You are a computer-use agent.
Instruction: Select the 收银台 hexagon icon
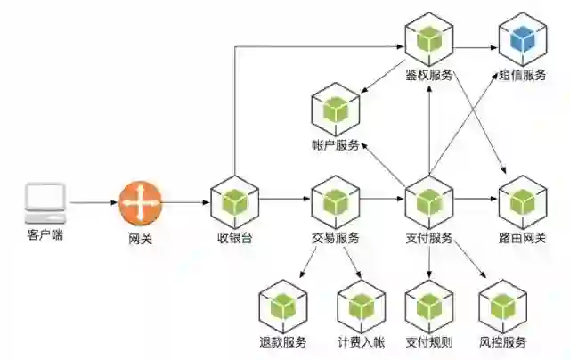click(234, 202)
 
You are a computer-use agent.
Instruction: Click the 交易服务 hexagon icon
click(335, 202)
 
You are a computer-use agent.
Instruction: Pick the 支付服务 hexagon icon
click(429, 202)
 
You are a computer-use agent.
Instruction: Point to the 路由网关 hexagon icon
click(522, 202)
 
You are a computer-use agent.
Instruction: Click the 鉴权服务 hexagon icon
click(429, 39)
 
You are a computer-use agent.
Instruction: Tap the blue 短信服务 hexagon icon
click(522, 39)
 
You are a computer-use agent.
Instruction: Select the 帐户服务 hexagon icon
click(335, 110)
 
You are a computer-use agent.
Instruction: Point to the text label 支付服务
click(429, 238)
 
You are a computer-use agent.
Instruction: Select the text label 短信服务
click(522, 75)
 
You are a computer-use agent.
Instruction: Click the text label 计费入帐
click(360, 342)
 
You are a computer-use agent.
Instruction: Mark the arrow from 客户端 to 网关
click(93, 202)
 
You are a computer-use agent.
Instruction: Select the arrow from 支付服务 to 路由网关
click(476, 202)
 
